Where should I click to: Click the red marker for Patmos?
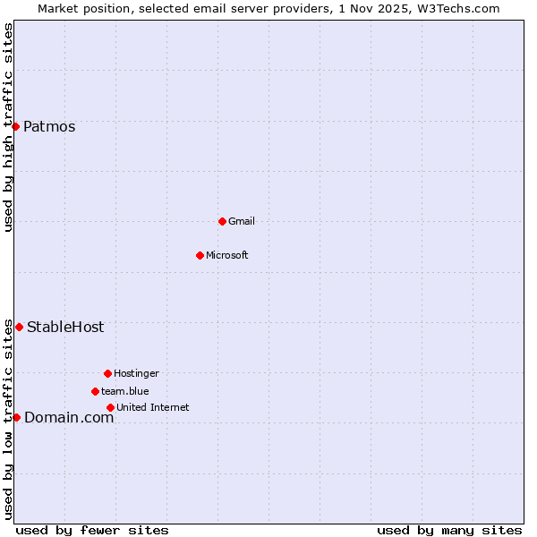coord(15,126)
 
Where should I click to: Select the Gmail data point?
coord(222,221)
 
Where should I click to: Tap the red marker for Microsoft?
coord(200,255)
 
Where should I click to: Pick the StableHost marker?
coord(19,327)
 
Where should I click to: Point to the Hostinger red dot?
coord(107,373)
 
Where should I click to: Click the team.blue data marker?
coord(95,391)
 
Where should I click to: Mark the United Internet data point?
coord(110,407)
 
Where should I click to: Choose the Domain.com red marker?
coord(16,417)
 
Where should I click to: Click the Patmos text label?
coord(49,126)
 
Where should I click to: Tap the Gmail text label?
coord(242,221)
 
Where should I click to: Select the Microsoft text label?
coord(227,255)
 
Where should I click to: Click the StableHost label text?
coord(65,327)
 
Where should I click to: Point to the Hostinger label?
coord(136,373)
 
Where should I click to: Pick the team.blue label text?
coord(125,391)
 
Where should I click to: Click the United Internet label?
coord(153,407)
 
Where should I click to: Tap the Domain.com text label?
coord(69,417)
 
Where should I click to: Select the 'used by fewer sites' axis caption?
coord(92,530)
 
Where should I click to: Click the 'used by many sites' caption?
coord(449,530)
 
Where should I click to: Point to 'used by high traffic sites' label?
coord(8,127)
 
